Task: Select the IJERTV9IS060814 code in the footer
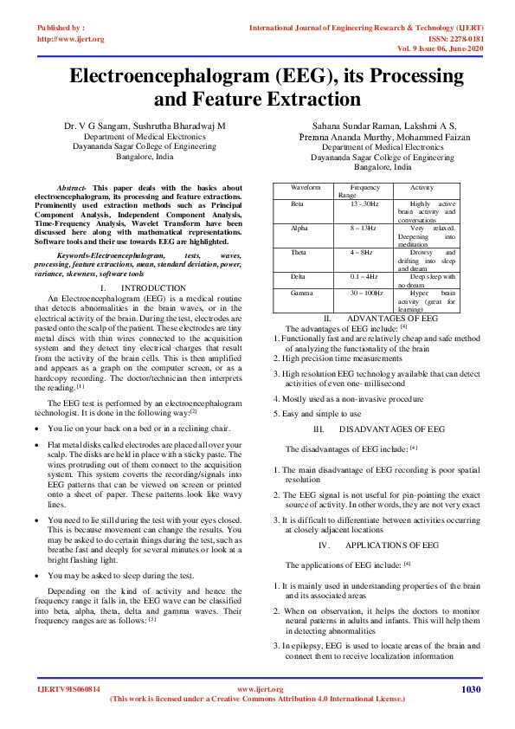point(69,689)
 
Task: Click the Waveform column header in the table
point(306,187)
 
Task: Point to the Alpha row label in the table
point(299,227)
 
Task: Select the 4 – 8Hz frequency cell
point(364,252)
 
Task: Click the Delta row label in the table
point(299,276)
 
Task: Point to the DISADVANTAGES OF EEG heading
point(391,429)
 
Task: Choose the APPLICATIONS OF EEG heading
point(391,545)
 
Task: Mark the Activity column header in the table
point(422,187)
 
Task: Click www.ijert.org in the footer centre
point(260,689)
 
